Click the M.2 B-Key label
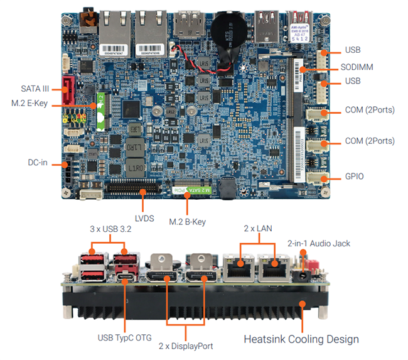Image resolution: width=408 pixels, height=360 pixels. click(x=188, y=221)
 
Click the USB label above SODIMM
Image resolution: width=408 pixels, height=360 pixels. click(x=353, y=50)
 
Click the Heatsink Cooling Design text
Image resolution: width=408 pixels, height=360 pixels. click(x=301, y=339)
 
